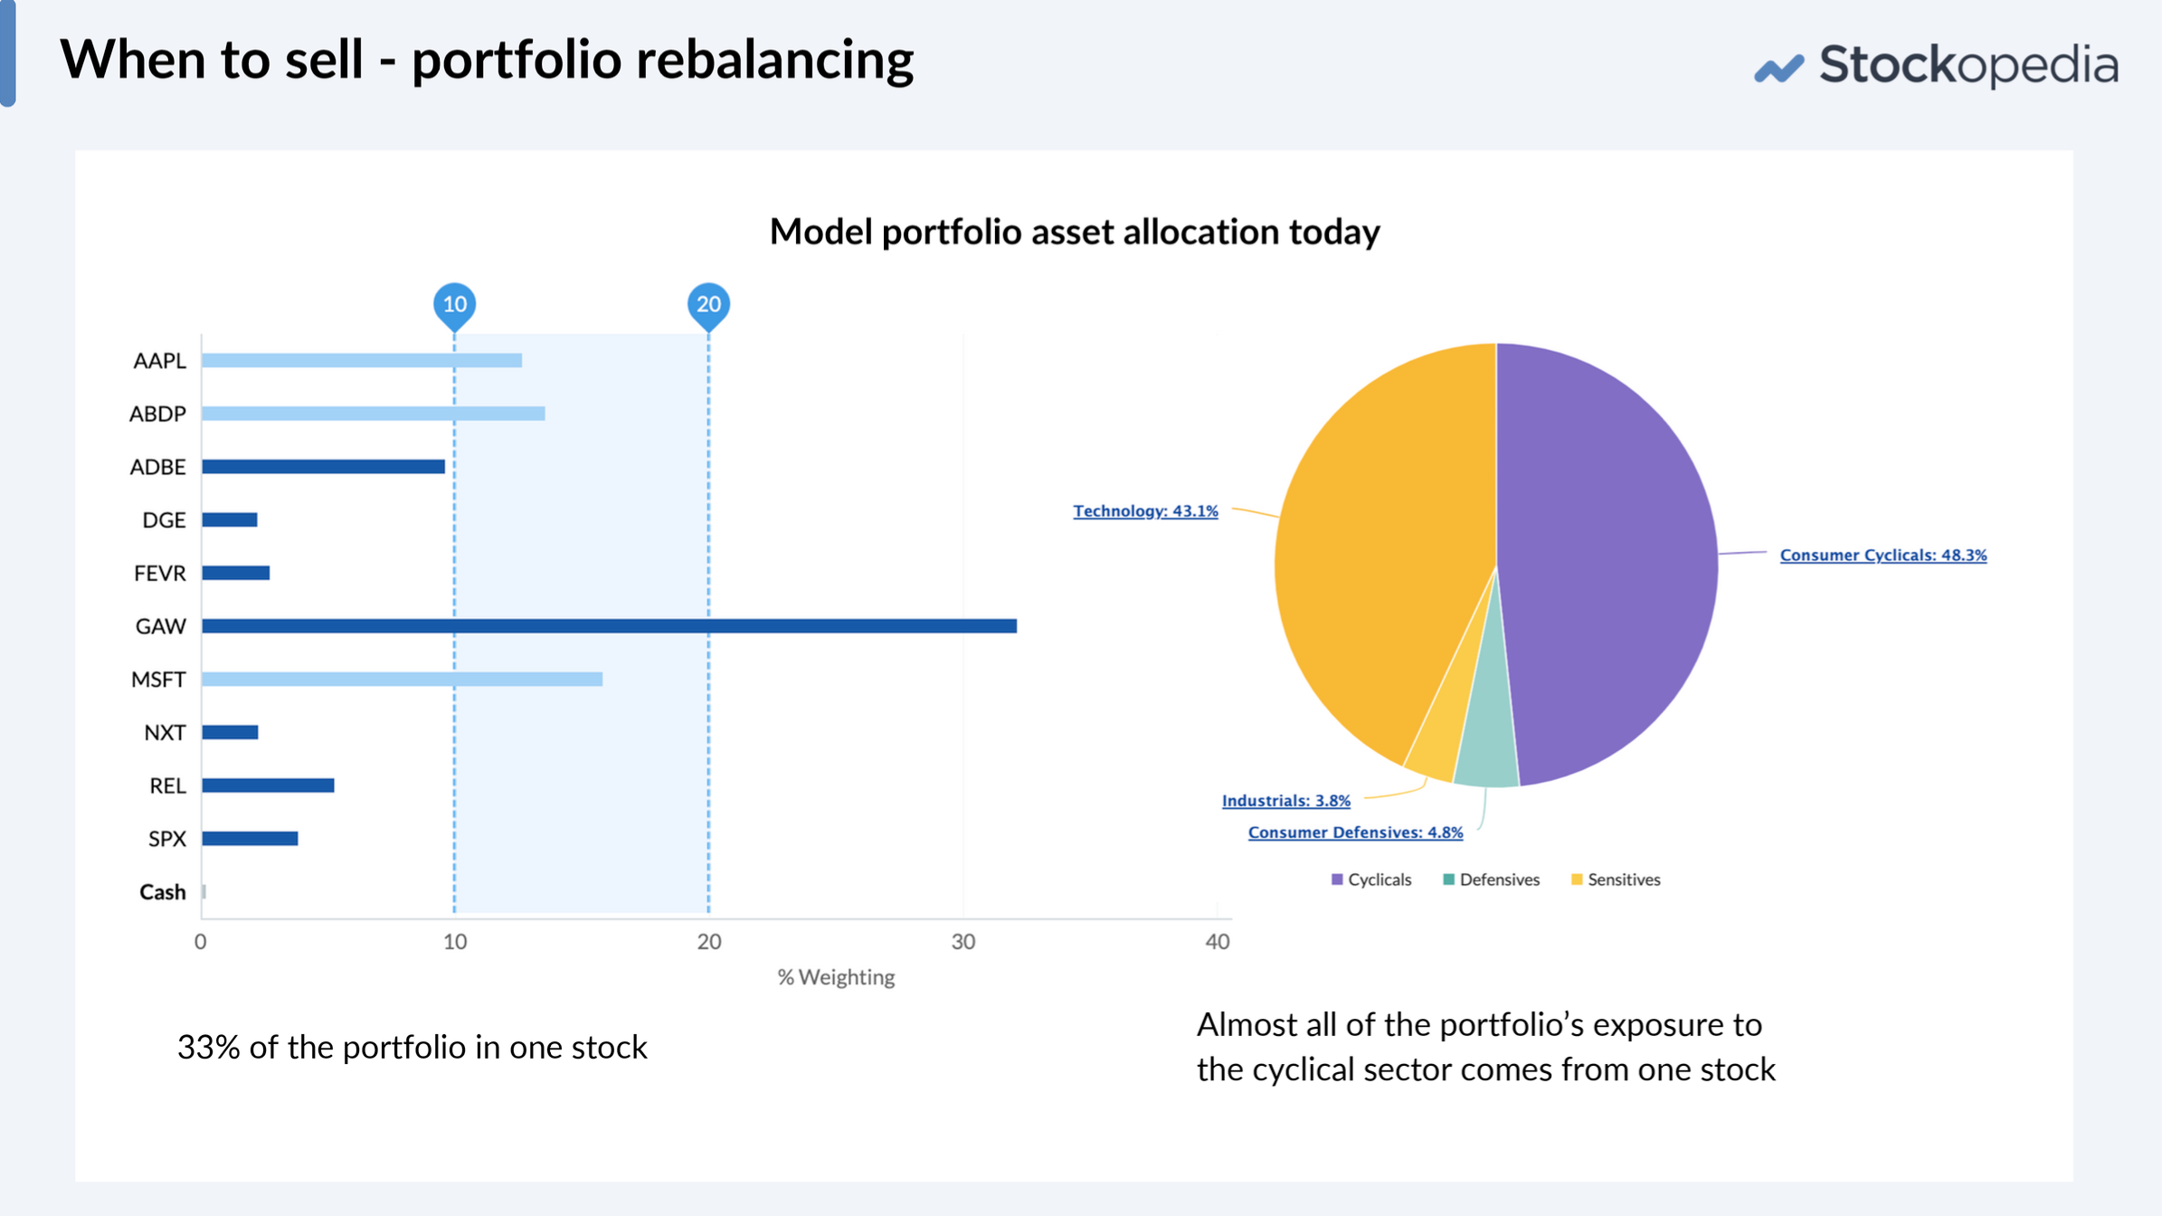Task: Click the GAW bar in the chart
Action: [x=608, y=626]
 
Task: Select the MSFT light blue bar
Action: [x=402, y=679]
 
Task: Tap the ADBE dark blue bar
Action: [x=323, y=467]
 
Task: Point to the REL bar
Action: [x=268, y=785]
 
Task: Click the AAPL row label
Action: [x=159, y=361]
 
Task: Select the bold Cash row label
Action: [x=162, y=892]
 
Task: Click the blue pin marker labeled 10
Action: [x=455, y=304]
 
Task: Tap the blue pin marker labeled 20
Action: [x=708, y=304]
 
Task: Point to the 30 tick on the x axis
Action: [x=962, y=942]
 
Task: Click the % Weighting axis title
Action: [x=836, y=977]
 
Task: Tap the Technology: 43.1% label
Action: [x=1145, y=511]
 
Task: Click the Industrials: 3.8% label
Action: [x=1285, y=801]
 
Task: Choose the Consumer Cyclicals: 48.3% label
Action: [x=1883, y=556]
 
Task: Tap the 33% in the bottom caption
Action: [x=208, y=1047]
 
